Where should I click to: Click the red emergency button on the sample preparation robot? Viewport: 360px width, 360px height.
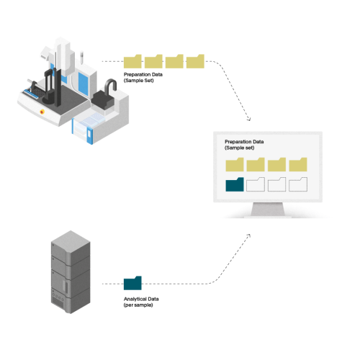tap(42, 112)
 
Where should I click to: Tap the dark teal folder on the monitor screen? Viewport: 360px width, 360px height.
tap(235, 184)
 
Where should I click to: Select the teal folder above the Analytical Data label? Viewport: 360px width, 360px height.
tap(132, 283)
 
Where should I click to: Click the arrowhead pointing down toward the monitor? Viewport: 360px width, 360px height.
tap(248, 119)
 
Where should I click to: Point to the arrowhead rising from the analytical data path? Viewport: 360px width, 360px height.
tap(248, 235)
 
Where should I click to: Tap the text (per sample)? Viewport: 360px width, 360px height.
tap(138, 305)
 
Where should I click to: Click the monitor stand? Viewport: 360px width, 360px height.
tap(268, 210)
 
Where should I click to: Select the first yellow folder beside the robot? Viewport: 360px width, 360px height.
tap(132, 61)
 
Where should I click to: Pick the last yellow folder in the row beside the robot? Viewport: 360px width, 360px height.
tap(195, 61)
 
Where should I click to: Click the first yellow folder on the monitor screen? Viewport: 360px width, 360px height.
tap(235, 165)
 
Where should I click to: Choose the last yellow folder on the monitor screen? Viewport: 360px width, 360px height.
tap(298, 165)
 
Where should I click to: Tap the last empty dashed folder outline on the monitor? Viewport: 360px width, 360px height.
tap(298, 184)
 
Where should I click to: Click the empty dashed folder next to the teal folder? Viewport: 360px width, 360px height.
tap(256, 184)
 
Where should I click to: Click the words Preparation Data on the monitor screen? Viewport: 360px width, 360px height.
tap(244, 142)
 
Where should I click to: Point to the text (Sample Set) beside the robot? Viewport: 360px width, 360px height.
tap(139, 81)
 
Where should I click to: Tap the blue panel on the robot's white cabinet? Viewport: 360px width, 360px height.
tap(83, 82)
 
